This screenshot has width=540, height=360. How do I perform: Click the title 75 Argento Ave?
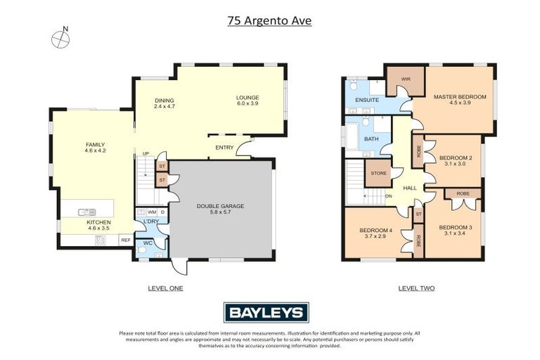tap(269, 20)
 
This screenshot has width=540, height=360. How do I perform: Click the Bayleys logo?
tap(266, 312)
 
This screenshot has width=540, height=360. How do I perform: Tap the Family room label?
tap(95, 147)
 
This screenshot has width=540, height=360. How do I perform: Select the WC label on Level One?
tap(148, 243)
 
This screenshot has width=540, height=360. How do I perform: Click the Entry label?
tap(224, 147)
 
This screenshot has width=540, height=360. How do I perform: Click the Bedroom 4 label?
tap(377, 233)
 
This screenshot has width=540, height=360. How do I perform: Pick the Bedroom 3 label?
tap(456, 230)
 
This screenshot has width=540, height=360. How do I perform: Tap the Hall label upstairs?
tap(410, 188)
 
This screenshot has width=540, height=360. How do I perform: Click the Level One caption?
tap(165, 288)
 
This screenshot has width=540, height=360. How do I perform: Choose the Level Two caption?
tap(416, 288)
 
